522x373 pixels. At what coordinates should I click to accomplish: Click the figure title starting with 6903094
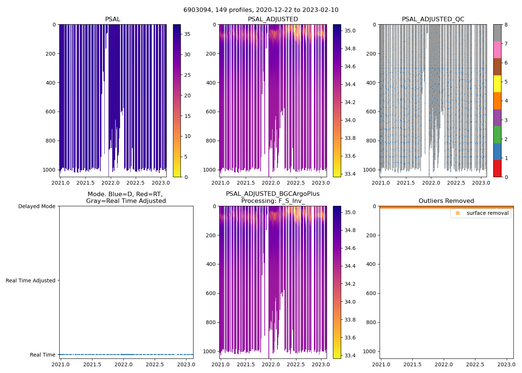point(261,10)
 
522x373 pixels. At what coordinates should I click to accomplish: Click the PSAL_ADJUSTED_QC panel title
point(433,19)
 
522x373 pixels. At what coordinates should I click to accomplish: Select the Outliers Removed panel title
point(446,201)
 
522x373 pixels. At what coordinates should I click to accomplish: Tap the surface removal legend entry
point(487,213)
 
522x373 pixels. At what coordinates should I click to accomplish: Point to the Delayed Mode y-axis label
point(37,206)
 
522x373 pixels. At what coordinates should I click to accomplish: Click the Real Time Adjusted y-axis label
point(30,280)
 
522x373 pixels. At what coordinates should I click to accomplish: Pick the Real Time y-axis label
point(43,355)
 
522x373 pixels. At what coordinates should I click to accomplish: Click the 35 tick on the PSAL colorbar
point(187,34)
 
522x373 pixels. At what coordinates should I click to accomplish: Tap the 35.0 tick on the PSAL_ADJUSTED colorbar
point(349,31)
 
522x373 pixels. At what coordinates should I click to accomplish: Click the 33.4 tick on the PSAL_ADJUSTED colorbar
point(349,174)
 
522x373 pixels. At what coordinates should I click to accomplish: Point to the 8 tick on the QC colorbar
point(506,25)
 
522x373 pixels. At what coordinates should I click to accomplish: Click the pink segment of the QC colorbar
point(497,50)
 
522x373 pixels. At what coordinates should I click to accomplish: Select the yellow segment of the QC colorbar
point(497,84)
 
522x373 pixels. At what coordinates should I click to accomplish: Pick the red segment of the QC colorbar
point(497,169)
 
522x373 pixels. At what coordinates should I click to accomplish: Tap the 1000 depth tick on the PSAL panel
point(49,170)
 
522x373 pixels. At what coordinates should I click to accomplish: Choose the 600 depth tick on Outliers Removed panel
point(370,293)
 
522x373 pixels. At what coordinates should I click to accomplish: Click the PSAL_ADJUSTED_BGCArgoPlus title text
point(273,194)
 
